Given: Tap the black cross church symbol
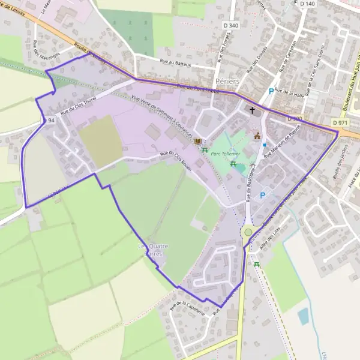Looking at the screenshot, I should (x=253, y=111).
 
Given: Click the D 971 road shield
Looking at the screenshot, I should (x=340, y=123).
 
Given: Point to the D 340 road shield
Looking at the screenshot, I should (x=229, y=25).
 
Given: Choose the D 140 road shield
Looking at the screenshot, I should (x=307, y=4).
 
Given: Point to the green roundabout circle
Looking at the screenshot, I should (x=248, y=232).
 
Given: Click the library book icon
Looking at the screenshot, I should (x=198, y=141).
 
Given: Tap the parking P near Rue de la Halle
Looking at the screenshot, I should (x=271, y=91).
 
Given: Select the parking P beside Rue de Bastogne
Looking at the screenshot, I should (x=262, y=196).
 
